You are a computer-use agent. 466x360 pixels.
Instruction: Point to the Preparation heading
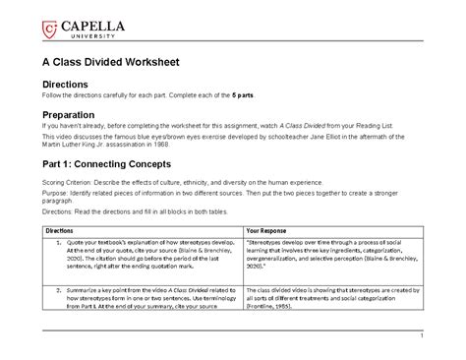(75, 114)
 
